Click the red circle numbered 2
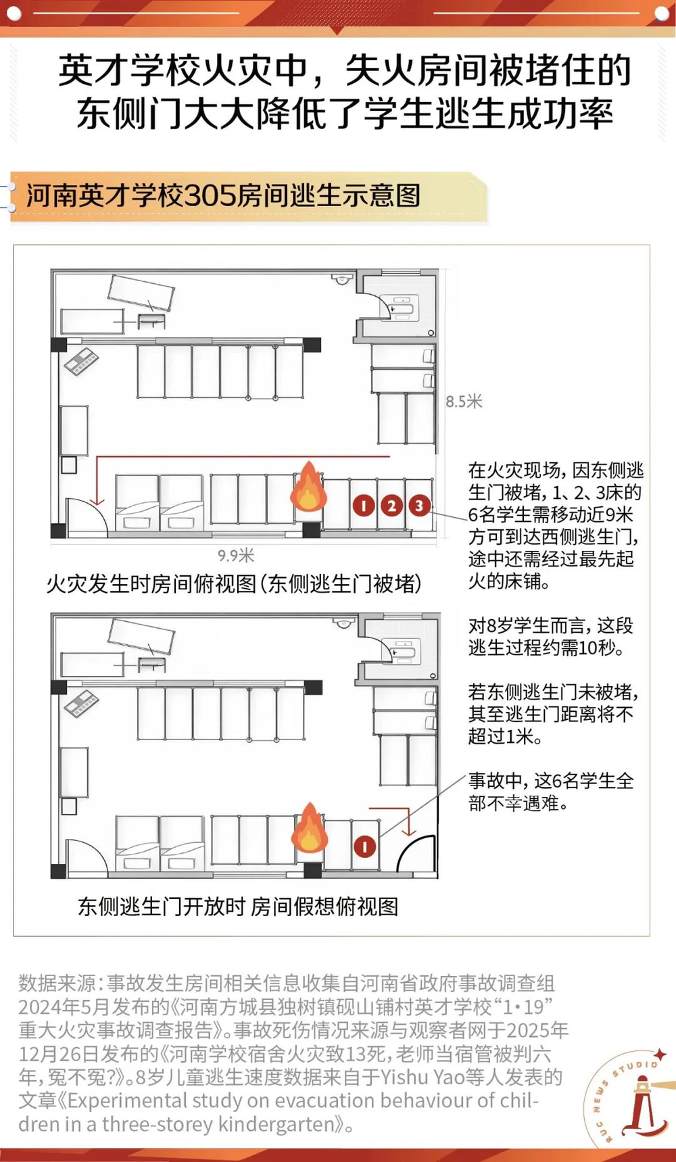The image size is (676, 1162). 391,506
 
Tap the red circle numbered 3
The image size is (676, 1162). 419,506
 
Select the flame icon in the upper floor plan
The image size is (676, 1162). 309,486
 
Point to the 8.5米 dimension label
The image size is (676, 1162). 464,402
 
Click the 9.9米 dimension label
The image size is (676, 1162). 236,556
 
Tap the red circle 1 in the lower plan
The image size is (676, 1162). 365,846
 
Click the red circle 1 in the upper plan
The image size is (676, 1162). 364,506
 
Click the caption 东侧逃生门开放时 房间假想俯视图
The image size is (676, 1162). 238,906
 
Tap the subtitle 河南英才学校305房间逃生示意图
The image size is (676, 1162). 224,196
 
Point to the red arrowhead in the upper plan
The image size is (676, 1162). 97,501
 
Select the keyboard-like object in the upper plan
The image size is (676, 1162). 82,362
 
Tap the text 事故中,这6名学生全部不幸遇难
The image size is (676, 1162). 551,792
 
